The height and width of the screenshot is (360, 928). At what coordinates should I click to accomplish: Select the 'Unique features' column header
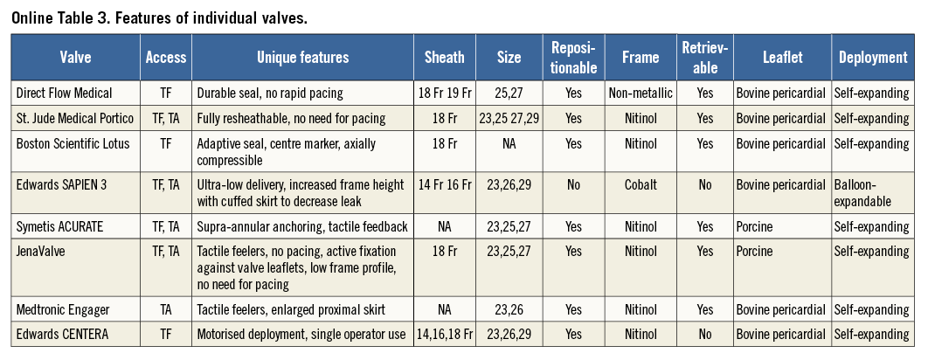(302, 58)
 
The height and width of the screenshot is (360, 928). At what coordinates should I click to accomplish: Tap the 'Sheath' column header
(444, 58)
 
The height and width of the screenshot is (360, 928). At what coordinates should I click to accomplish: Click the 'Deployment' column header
(873, 58)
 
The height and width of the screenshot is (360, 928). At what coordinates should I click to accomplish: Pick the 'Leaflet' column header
(781, 58)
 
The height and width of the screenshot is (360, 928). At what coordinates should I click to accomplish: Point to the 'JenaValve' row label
(41, 252)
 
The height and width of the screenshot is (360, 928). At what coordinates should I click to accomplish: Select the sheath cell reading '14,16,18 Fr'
(444, 334)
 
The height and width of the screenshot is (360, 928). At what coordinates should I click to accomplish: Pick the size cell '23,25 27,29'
(509, 117)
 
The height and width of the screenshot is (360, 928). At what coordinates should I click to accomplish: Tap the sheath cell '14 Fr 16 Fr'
(444, 184)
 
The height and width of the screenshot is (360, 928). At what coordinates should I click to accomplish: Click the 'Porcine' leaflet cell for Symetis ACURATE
(758, 226)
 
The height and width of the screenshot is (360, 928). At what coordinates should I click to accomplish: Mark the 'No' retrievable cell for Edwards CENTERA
(704, 334)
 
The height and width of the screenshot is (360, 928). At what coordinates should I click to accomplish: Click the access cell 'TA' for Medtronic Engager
(165, 308)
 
